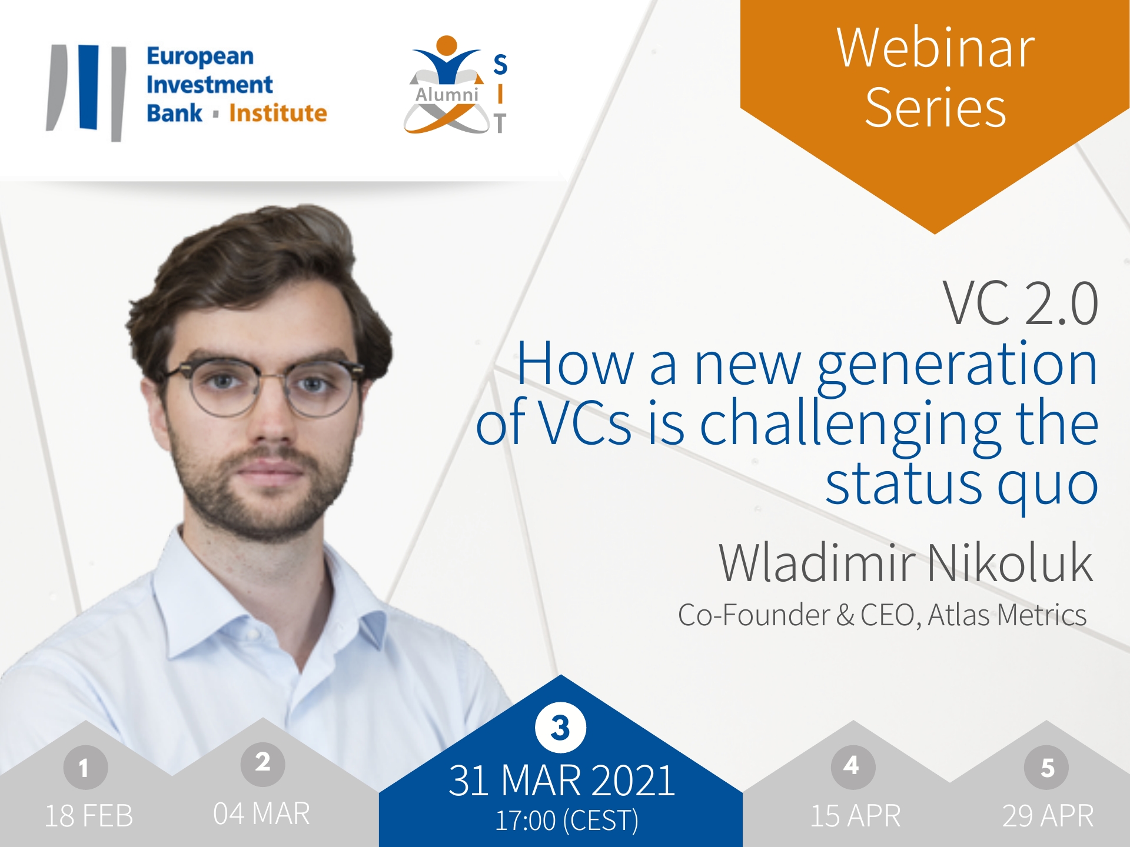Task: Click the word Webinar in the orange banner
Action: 935,48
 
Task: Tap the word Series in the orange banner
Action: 935,108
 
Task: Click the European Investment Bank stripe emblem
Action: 87,92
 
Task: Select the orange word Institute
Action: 278,113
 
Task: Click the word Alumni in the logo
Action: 447,95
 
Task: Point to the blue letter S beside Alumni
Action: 500,65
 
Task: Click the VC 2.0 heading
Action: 1021,304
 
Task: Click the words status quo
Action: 962,486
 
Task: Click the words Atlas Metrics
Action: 1007,615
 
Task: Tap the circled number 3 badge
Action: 560,728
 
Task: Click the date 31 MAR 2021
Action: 561,781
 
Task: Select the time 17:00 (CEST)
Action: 566,821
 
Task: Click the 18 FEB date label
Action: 89,816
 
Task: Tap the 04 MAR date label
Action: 261,814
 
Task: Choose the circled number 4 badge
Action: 853,766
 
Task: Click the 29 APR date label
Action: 1048,816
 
